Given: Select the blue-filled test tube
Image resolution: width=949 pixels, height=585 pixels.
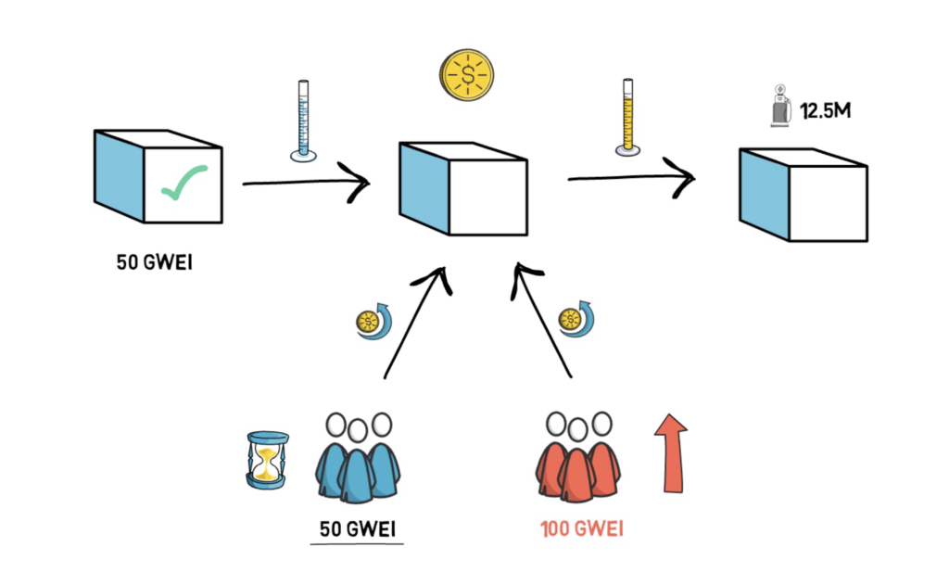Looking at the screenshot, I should tap(301, 121).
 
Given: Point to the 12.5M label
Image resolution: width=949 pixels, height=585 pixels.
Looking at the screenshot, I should tap(827, 112).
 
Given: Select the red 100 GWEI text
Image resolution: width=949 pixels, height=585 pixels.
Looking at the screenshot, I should tap(581, 529).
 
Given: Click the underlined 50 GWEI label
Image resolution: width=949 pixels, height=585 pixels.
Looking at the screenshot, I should tap(356, 529).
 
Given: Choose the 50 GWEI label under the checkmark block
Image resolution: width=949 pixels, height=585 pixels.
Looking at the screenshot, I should tap(155, 261).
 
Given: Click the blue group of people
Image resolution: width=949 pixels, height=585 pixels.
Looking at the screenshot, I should tap(356, 459).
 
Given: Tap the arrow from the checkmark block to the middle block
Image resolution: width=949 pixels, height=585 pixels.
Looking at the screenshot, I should tap(306, 183).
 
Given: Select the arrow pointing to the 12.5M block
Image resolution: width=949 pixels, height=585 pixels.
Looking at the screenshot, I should tap(630, 175).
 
